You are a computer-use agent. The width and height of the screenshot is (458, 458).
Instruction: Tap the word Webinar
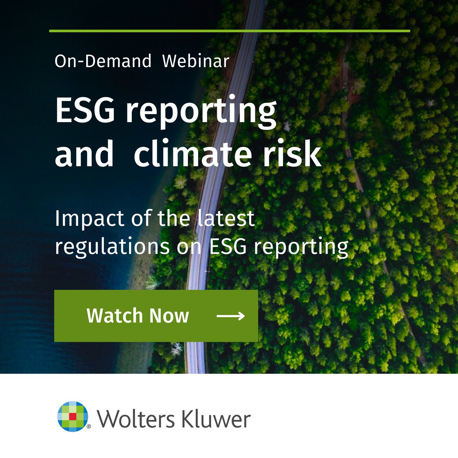coord(195,61)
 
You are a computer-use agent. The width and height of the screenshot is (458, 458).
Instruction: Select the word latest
coord(226,218)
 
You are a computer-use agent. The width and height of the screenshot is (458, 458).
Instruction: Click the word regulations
coord(112,247)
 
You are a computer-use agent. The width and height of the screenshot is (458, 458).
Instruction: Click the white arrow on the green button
coord(231,316)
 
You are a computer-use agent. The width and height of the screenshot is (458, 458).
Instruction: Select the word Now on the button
coord(169,316)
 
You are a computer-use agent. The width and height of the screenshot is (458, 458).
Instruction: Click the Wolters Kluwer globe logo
coord(73,416)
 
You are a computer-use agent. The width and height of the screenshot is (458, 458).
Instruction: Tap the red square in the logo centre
coord(73,416)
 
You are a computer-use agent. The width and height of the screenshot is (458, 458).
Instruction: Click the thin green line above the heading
coord(229,31)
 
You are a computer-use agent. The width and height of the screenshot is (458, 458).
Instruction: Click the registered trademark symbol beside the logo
coord(89,427)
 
